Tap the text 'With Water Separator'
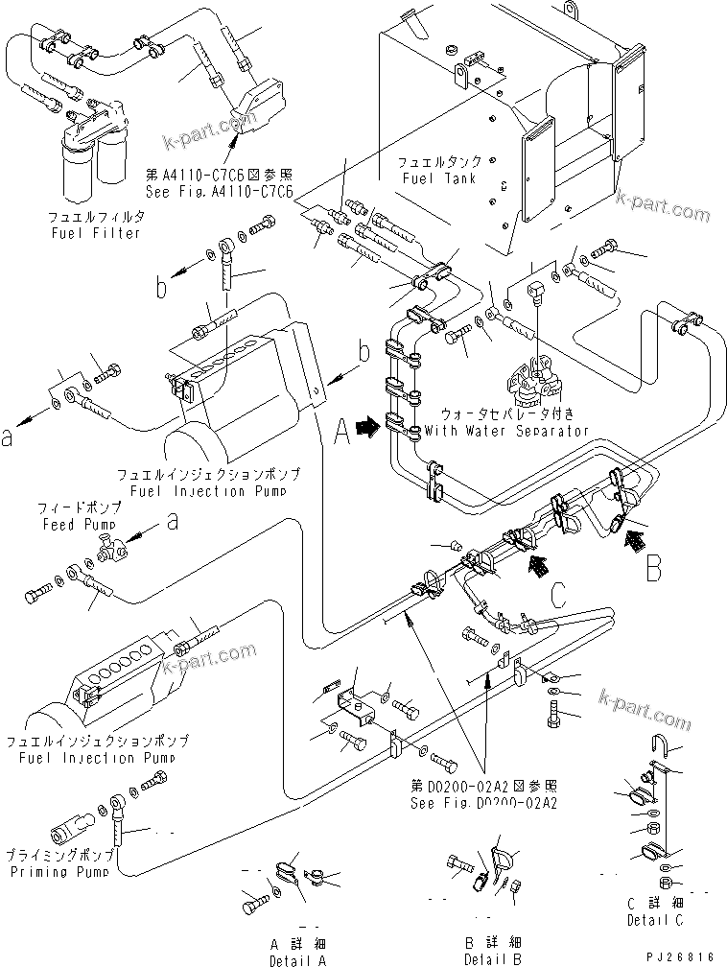(506, 431)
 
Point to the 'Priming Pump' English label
(62, 872)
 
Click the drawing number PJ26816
(683, 956)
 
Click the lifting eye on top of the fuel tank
(572, 10)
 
